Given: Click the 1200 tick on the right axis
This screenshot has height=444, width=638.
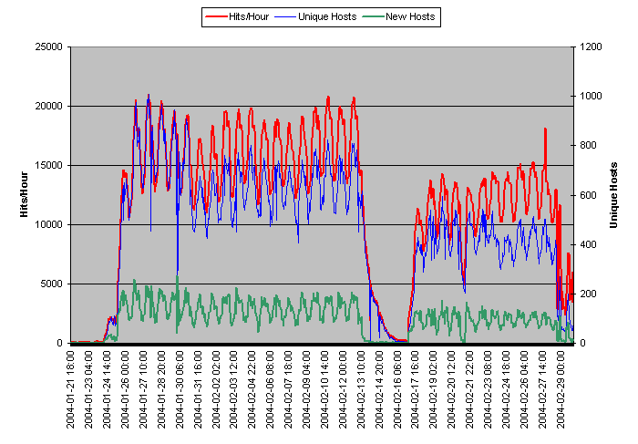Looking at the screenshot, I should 588,47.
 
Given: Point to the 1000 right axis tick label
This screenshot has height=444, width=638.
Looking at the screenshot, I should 588,97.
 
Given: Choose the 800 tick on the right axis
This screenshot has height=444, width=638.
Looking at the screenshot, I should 585,146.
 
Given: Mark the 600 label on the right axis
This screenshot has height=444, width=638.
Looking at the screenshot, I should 585,195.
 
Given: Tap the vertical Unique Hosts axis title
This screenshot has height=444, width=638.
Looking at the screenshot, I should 614,195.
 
